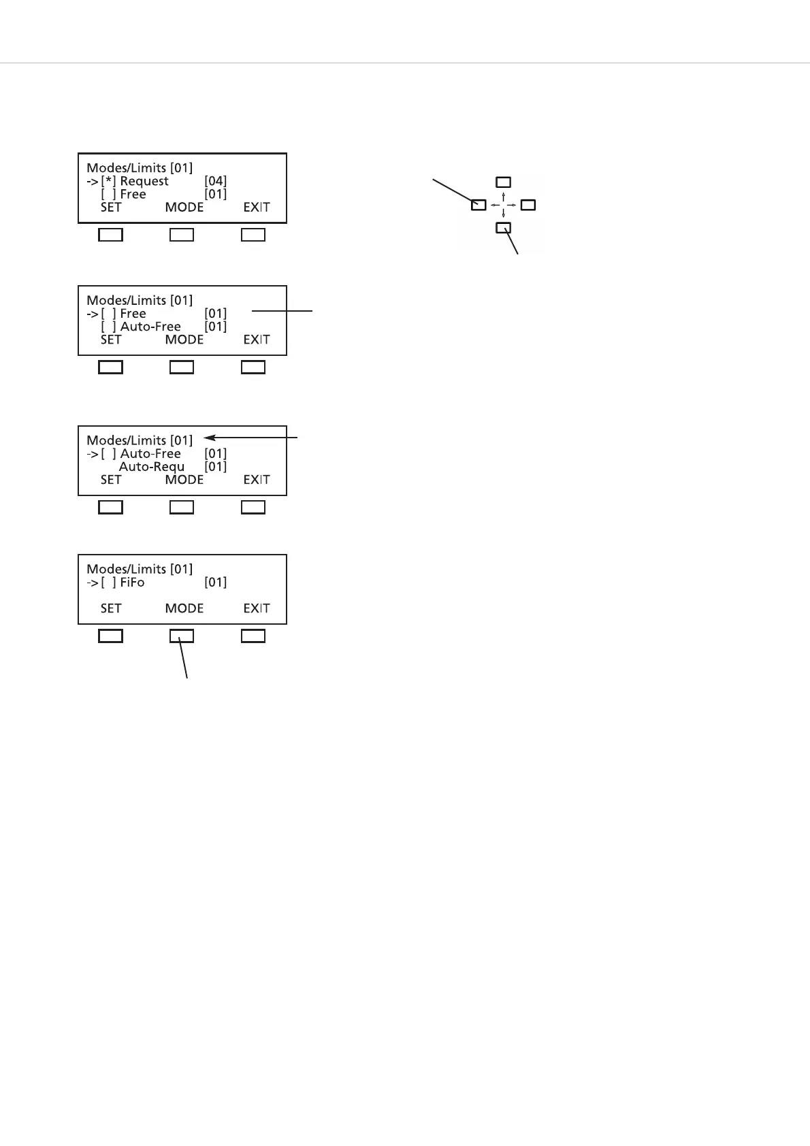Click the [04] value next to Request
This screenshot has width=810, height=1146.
coord(215,181)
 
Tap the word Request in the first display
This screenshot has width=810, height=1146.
coord(144,181)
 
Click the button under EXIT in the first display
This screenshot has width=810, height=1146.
coord(253,235)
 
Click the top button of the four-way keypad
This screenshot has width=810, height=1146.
coord(503,182)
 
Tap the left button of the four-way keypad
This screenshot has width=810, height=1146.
coord(479,204)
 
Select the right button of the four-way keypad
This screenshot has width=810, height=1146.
coord(528,204)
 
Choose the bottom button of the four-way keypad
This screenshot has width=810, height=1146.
coord(503,227)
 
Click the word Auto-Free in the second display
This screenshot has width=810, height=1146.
coord(150,327)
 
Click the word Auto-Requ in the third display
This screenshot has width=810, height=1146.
coord(152,467)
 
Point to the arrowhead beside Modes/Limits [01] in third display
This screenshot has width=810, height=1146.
coord(207,439)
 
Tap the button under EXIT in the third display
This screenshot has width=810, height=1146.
coord(253,507)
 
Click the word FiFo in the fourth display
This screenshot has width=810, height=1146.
coord(132,583)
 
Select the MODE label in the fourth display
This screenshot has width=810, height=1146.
coord(184,608)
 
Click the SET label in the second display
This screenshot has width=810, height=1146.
coord(111,340)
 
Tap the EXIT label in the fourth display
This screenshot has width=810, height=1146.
coord(257,608)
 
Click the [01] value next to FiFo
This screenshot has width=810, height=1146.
coord(215,583)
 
